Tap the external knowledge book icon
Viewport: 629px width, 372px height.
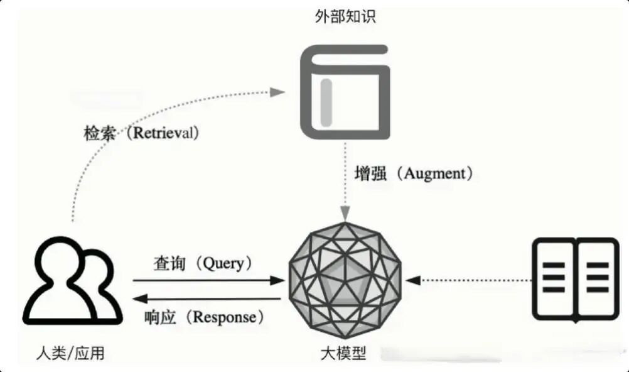click(345, 92)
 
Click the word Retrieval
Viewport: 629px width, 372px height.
click(166, 133)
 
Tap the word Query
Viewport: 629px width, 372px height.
click(223, 263)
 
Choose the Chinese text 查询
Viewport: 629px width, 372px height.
click(169, 263)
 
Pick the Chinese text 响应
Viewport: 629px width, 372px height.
click(159, 317)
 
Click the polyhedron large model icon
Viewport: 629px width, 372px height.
click(345, 280)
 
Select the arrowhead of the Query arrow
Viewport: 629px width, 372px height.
click(277, 281)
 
